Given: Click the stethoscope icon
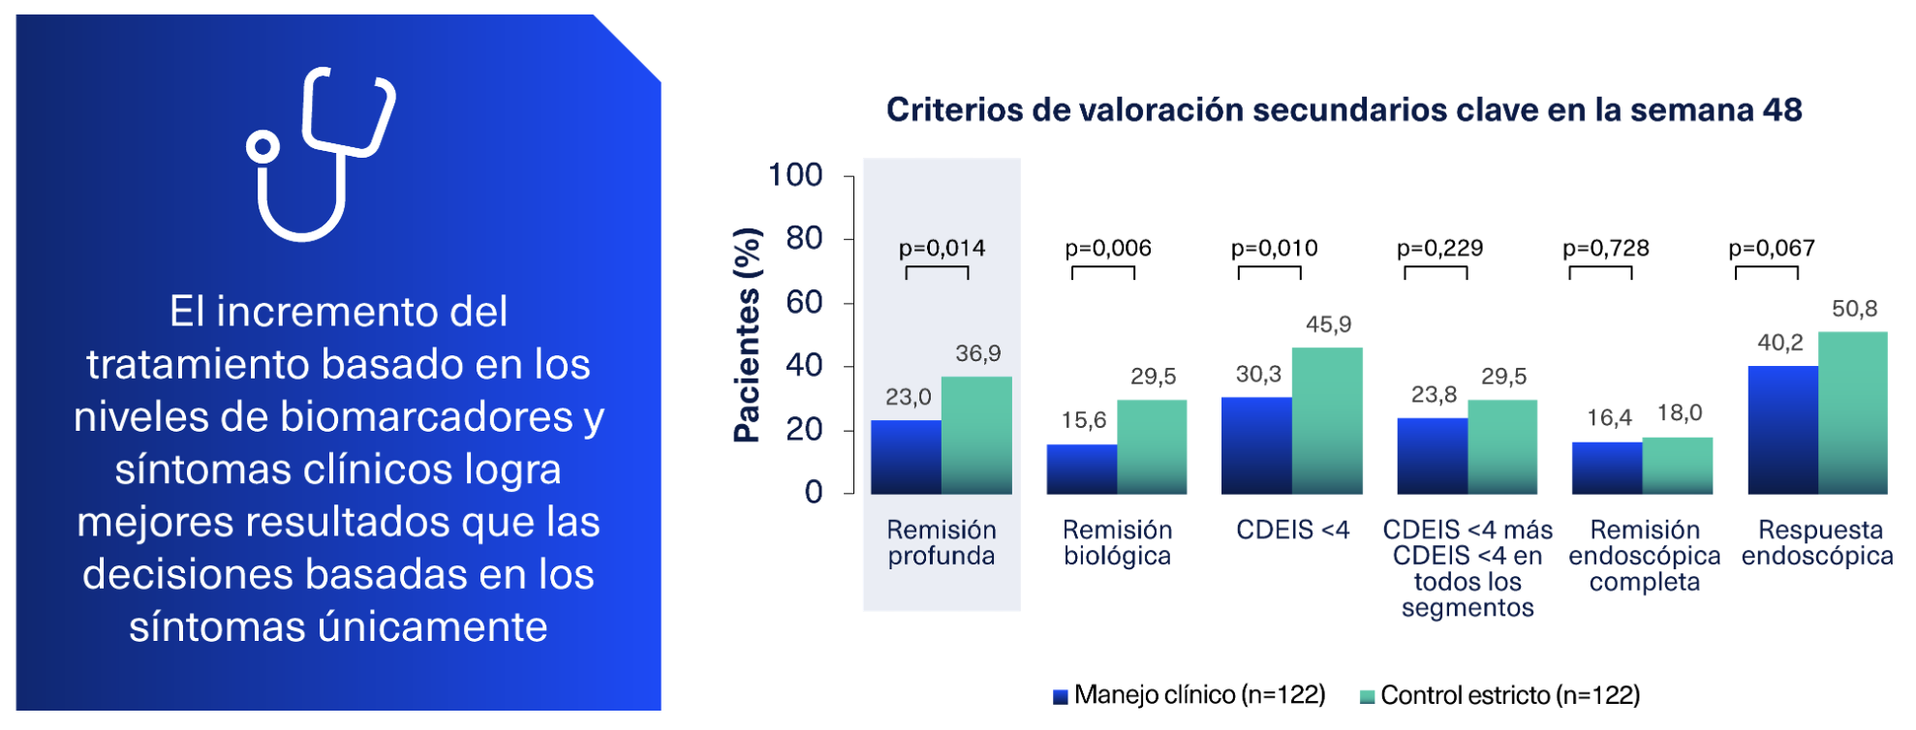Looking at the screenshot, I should (x=320, y=155).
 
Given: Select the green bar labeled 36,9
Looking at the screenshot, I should (x=976, y=436).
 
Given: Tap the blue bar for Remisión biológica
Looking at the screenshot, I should (x=1081, y=470).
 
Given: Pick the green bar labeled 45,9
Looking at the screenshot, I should (x=1327, y=421).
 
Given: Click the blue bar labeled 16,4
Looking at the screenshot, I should (x=1607, y=469).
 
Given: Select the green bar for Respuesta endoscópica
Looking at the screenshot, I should (x=1852, y=413).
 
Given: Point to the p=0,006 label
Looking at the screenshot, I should (x=1108, y=248).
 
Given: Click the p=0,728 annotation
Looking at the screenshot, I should (x=1605, y=248).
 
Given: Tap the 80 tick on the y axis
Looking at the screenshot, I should (x=804, y=238).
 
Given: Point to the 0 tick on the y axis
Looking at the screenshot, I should (x=814, y=492).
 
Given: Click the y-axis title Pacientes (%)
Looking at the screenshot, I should (x=747, y=335).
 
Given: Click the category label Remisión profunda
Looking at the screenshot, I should (x=942, y=542).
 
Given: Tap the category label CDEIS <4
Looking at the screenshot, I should (x=1292, y=530).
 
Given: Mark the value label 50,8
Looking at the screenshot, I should (x=1854, y=309).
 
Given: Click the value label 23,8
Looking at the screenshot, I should (x=1434, y=394).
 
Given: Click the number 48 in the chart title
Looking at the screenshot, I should (x=1782, y=109).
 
